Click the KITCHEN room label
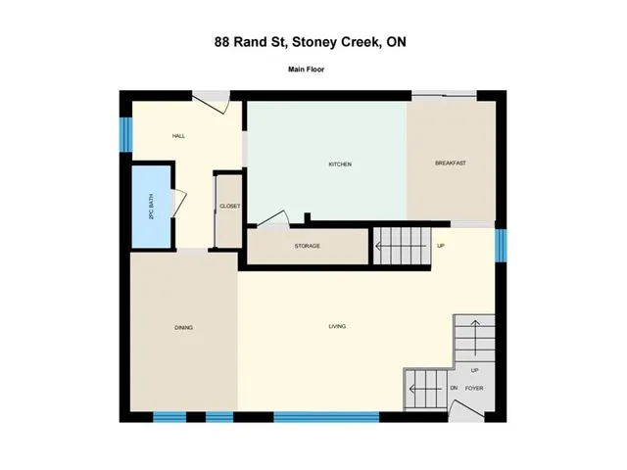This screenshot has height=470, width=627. point(340,164)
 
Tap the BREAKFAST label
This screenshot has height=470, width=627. point(451,164)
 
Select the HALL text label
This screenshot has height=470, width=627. point(178,136)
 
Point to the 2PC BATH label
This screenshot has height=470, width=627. point(151,207)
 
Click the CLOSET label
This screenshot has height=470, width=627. point(230,207)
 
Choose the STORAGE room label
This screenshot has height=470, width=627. point(307,246)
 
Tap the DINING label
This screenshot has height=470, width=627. point(184,328)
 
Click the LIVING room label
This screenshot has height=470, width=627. point(337,326)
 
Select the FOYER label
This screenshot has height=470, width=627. point(474,388)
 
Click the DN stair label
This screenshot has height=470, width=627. point(454,388)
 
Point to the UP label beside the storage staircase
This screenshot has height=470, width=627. point(441,246)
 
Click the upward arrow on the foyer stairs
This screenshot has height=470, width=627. point(475,338)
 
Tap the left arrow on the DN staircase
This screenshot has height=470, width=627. point(425,389)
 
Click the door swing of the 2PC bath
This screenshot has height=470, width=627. point(179,204)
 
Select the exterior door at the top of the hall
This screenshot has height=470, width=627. point(212,102)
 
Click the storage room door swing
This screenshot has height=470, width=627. point(272,219)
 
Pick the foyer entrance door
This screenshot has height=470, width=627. point(466,410)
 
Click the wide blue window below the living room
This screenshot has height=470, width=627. point(326,417)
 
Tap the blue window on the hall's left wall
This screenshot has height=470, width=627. point(126,134)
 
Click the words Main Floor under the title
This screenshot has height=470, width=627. point(307,70)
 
